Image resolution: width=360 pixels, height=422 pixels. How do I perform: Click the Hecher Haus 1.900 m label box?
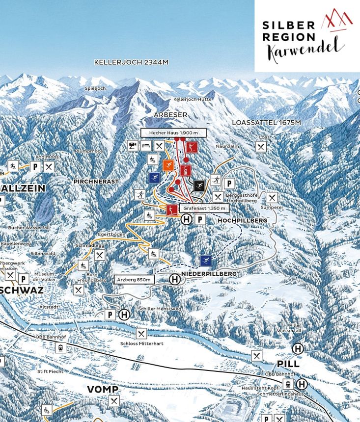tap(173, 133)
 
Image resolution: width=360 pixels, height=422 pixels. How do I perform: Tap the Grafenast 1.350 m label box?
tap(204, 208)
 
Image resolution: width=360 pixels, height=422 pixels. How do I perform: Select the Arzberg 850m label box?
tap(134, 279)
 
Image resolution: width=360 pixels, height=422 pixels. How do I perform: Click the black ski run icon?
tap(199, 185)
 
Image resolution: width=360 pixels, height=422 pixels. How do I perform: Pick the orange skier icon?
tap(168, 165)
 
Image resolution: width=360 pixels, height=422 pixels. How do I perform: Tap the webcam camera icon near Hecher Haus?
tap(133, 146)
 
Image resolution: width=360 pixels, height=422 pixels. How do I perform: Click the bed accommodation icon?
tap(146, 146)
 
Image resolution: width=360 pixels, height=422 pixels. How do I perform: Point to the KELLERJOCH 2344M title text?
tap(131, 62)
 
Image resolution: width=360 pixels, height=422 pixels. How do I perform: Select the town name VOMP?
tap(102, 389)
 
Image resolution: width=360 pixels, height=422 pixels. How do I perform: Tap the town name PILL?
tap(288, 364)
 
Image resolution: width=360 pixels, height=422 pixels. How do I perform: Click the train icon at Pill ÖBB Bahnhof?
tap(288, 384)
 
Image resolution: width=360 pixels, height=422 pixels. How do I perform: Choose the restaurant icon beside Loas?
tap(261, 147)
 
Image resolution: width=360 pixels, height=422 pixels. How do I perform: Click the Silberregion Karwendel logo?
tap(307, 36)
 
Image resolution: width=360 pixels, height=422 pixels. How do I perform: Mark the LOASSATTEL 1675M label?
tap(266, 122)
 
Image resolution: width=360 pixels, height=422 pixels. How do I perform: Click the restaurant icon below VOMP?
tap(114, 401)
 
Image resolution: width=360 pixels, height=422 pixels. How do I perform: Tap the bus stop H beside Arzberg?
tap(175, 279)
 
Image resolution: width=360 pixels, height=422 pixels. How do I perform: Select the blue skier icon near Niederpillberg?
tap(205, 261)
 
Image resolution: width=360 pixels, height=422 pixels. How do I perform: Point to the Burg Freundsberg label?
tap(92, 277)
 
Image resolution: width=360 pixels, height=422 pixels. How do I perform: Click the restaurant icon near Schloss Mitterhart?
tap(141, 334)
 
